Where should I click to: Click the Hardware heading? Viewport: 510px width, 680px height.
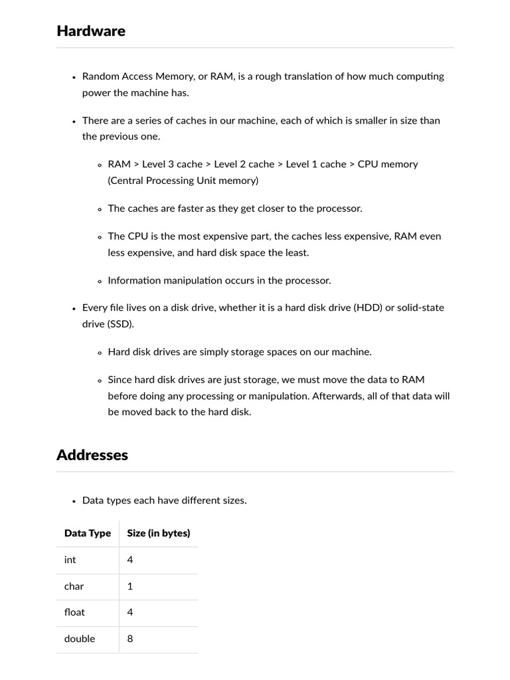click(x=91, y=31)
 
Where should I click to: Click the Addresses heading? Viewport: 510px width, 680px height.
click(x=92, y=456)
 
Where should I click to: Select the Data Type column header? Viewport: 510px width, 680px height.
click(x=88, y=533)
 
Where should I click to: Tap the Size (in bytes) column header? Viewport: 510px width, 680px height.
click(x=159, y=533)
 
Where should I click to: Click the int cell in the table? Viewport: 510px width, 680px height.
click(x=70, y=560)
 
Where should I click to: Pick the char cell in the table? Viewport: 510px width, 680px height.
click(x=74, y=586)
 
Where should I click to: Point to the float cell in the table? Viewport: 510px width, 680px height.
click(x=75, y=612)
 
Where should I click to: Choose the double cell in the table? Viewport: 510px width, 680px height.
click(x=80, y=639)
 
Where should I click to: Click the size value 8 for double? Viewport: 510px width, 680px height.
click(x=130, y=639)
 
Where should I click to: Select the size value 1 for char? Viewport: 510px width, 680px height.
click(x=130, y=586)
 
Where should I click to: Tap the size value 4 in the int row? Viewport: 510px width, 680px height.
click(x=130, y=560)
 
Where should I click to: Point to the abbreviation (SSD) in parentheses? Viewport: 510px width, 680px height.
click(x=121, y=323)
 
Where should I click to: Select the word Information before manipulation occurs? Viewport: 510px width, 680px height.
click(x=135, y=280)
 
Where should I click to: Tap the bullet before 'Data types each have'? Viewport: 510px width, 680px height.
click(x=74, y=501)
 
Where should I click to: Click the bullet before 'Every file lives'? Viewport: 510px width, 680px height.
click(x=74, y=309)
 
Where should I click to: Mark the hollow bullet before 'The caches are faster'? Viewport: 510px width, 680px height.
click(x=100, y=209)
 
